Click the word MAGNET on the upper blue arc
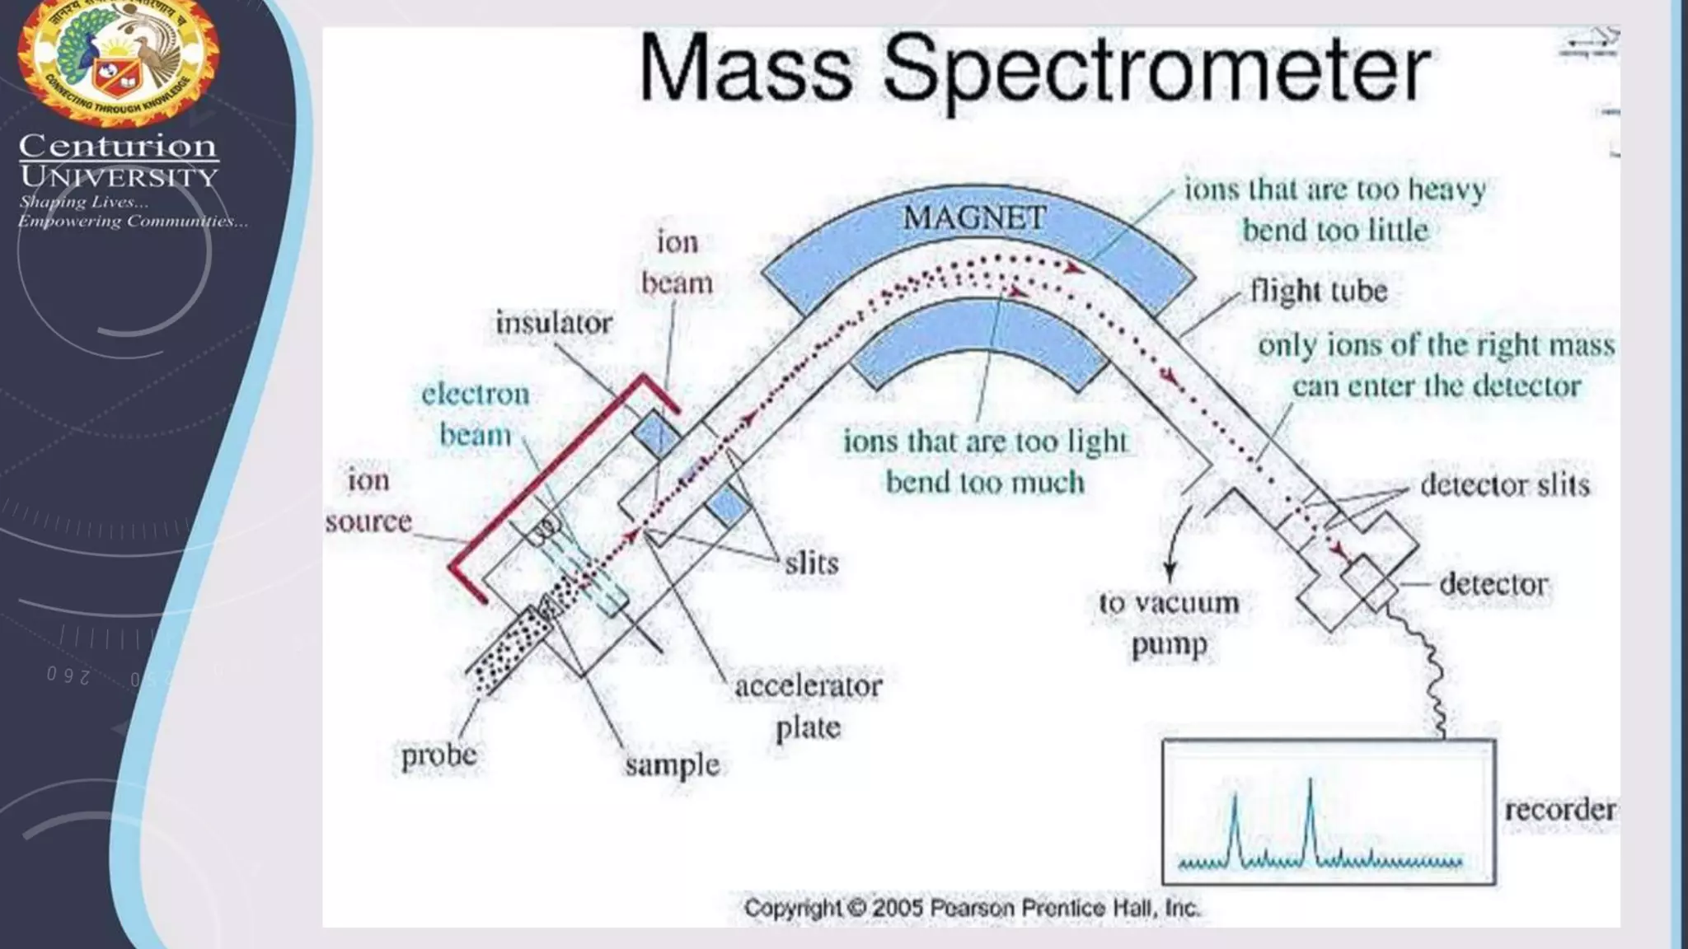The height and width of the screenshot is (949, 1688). (974, 218)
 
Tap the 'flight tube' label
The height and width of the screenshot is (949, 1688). (1318, 291)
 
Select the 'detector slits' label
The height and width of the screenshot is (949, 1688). (1504, 484)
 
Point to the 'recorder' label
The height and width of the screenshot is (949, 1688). (1559, 809)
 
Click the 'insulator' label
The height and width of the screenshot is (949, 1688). (554, 322)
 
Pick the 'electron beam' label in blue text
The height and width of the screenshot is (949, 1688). (475, 414)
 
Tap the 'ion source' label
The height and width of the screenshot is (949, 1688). (368, 500)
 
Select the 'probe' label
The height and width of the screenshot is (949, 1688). (438, 755)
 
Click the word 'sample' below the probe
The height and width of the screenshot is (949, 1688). (672, 764)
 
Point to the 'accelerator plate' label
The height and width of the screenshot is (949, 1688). (808, 706)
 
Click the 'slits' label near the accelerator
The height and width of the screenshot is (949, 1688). (811, 563)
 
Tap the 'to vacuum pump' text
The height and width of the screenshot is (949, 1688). (1169, 623)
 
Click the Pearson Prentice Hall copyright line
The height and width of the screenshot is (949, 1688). (972, 908)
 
